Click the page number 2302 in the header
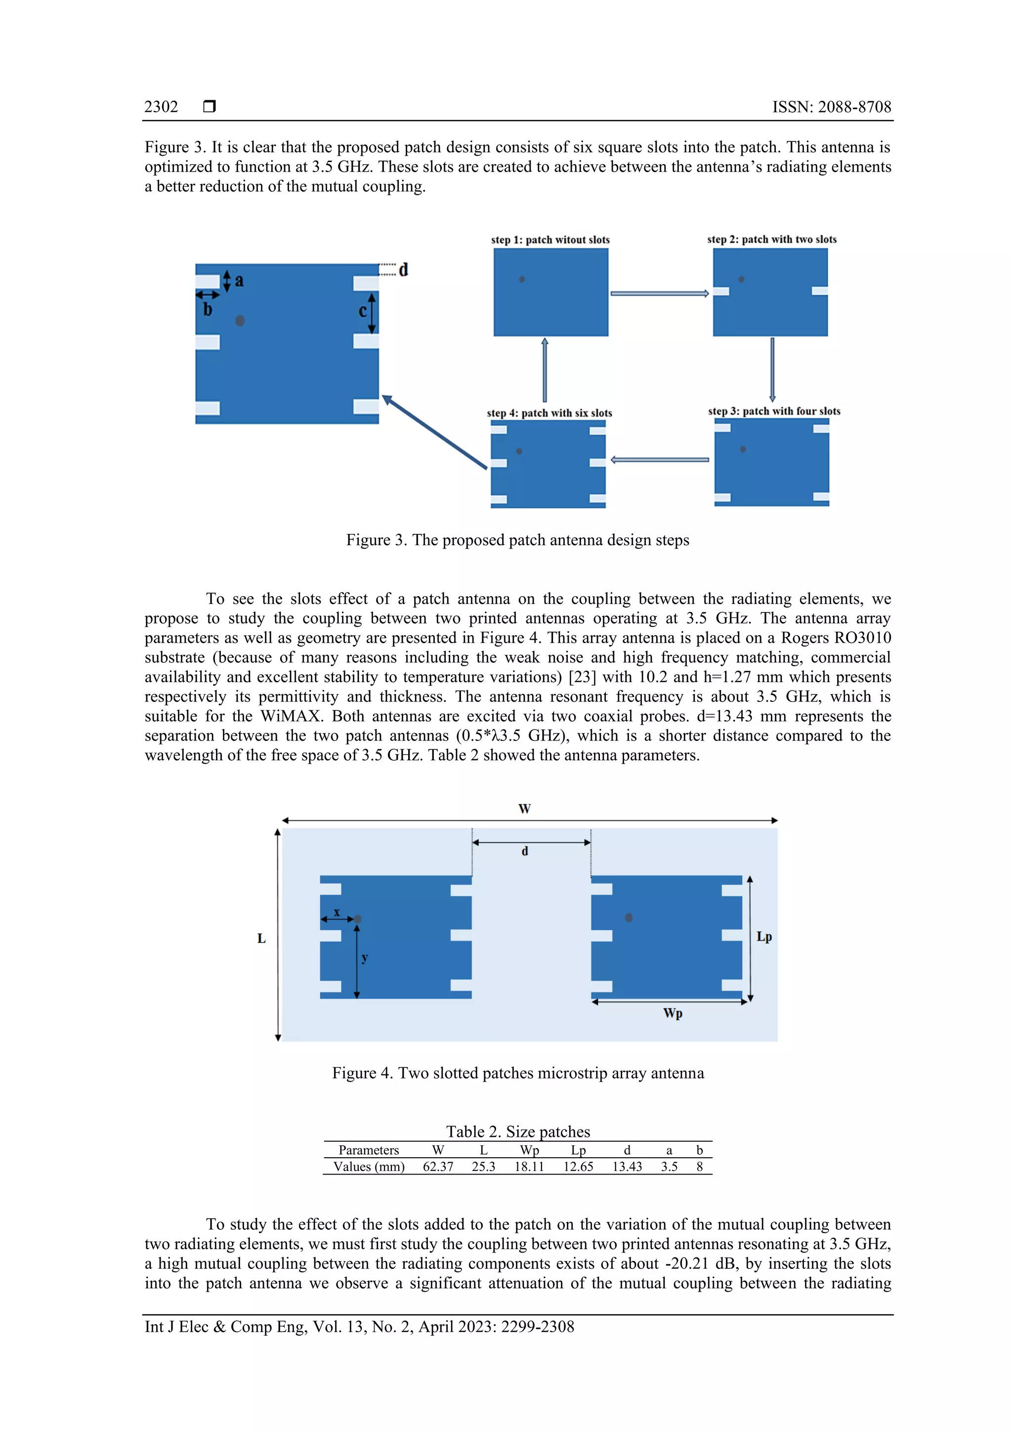[161, 107]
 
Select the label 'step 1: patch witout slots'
[550, 240]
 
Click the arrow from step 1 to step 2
[660, 293]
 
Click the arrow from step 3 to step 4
[660, 460]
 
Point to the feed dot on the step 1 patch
[522, 279]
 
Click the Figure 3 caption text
[517, 540]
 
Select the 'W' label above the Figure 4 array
[524, 809]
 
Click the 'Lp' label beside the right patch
[764, 937]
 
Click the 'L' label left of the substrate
[261, 939]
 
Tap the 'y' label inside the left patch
[365, 958]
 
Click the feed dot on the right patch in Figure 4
[629, 917]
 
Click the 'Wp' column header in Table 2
[529, 1151]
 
